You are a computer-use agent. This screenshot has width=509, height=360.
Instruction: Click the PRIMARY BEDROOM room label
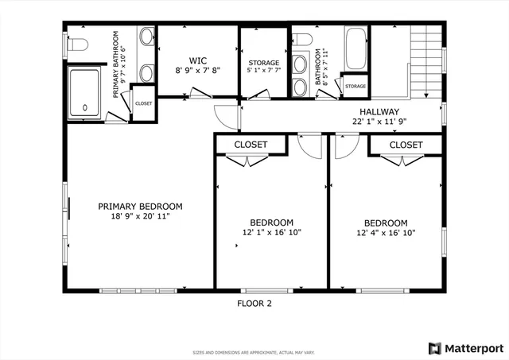tap(140, 205)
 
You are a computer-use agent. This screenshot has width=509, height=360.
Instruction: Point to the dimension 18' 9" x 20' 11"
tap(140, 215)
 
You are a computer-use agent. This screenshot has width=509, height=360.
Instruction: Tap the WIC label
tap(197, 60)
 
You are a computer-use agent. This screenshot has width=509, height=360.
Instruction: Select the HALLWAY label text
tap(379, 112)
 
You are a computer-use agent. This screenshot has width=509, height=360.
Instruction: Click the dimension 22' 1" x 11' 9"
tap(379, 122)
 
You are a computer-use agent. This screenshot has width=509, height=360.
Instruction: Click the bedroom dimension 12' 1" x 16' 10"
tap(271, 233)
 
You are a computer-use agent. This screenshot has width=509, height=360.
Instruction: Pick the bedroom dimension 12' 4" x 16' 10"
tap(386, 233)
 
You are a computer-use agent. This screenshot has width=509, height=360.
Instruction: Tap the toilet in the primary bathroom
tap(77, 45)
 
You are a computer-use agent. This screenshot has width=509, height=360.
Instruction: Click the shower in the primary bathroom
tap(86, 94)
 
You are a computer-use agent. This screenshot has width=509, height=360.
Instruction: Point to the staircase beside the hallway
tap(425, 60)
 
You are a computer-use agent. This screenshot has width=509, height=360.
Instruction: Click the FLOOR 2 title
tap(254, 303)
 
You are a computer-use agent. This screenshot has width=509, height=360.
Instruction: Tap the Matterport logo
tap(465, 348)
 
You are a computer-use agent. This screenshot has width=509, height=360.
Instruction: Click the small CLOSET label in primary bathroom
tap(143, 103)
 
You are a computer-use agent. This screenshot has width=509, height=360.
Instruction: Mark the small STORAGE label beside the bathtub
tap(355, 87)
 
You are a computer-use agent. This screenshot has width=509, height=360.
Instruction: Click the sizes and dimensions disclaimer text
tap(254, 352)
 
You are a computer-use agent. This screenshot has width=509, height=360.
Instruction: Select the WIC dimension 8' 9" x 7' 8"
tap(197, 70)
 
